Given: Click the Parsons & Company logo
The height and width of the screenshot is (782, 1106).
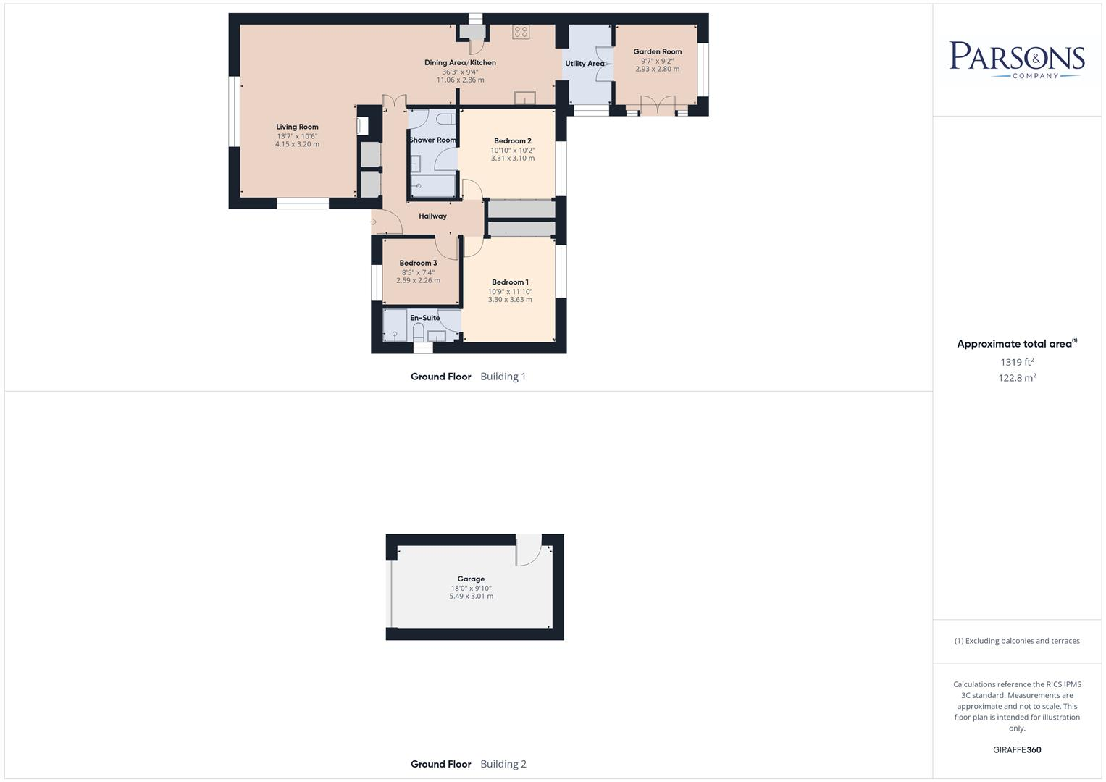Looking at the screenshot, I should pyautogui.click(x=1017, y=59).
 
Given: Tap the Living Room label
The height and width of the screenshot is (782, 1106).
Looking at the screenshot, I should pyautogui.click(x=297, y=127).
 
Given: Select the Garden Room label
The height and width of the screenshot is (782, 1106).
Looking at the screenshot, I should pyautogui.click(x=657, y=51).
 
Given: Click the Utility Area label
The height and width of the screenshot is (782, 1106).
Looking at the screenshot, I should pyautogui.click(x=584, y=64).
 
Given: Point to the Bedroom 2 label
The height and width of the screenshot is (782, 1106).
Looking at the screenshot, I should pyautogui.click(x=513, y=141).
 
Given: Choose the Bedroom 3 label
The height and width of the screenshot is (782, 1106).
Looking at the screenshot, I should pyautogui.click(x=418, y=264).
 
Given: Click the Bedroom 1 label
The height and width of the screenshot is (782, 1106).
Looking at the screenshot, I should pyautogui.click(x=510, y=282).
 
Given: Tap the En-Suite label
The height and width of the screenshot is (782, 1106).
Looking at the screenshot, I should pyautogui.click(x=424, y=318).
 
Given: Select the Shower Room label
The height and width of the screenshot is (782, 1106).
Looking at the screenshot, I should pyautogui.click(x=432, y=140).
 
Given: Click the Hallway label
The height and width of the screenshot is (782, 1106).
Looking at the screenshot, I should pyautogui.click(x=432, y=216).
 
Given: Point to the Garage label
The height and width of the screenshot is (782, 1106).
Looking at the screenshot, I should pyautogui.click(x=471, y=579).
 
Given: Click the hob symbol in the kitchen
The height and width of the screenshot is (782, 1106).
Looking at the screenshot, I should pyautogui.click(x=521, y=32).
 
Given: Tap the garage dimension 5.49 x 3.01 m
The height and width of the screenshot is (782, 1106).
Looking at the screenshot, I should pyautogui.click(x=471, y=597).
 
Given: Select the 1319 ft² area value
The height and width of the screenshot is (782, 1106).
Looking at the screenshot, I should pyautogui.click(x=1017, y=362).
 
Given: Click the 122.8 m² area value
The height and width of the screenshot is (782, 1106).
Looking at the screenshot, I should pyautogui.click(x=1017, y=378).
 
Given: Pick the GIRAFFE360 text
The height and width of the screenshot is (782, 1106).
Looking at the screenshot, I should pyautogui.click(x=1017, y=750).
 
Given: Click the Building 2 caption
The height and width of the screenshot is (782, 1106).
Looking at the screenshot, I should pyautogui.click(x=503, y=764).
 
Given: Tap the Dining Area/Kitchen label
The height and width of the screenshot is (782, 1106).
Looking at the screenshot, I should pyautogui.click(x=460, y=63).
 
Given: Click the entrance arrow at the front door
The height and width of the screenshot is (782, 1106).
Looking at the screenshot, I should pyautogui.click(x=374, y=222).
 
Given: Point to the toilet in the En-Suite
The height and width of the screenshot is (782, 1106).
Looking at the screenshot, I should pyautogui.click(x=418, y=332).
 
